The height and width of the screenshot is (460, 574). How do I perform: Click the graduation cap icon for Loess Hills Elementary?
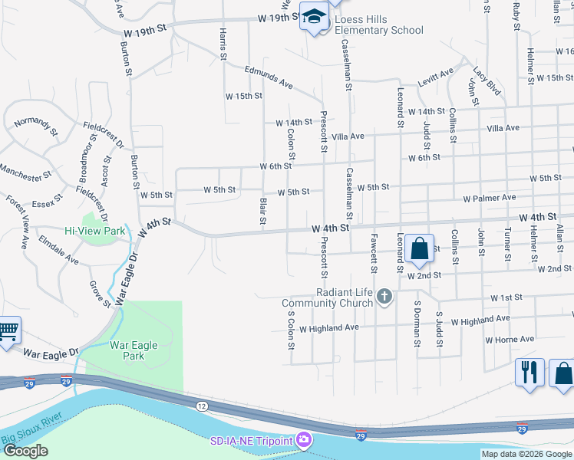(x=313, y=17)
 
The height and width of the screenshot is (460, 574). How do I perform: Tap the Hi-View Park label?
(x=94, y=231)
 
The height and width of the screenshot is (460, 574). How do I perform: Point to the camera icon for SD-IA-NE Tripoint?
(x=304, y=441)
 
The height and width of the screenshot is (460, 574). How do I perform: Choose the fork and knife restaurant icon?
(x=529, y=373)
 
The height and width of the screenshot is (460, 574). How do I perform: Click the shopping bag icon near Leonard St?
(x=419, y=248)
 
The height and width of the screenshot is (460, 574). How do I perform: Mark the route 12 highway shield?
(x=201, y=404)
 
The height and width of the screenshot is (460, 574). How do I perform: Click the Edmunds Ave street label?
(x=269, y=77)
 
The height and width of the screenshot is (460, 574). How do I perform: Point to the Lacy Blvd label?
(x=487, y=80)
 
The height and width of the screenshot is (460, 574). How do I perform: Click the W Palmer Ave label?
(x=489, y=198)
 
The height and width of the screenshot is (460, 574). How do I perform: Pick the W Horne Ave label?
(x=510, y=339)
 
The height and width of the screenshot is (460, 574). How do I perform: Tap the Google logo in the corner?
(x=25, y=451)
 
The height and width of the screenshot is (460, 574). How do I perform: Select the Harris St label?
(x=223, y=44)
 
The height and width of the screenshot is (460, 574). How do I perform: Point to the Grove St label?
(x=101, y=293)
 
